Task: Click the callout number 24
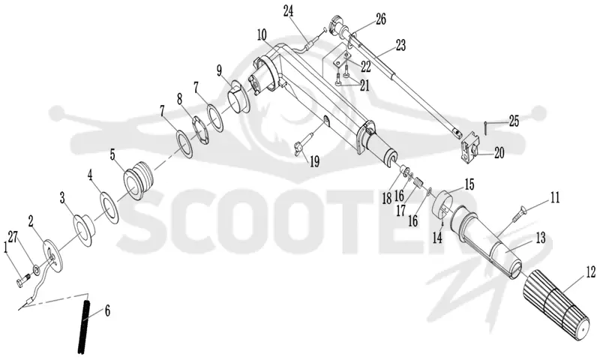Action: [x=288, y=10]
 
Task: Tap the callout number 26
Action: [x=381, y=19]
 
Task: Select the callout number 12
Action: [x=590, y=272]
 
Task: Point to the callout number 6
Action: [x=107, y=311]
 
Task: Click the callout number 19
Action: [x=314, y=162]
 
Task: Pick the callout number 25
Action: [x=514, y=121]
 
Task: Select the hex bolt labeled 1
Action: [x=23, y=280]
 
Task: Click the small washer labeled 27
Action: [x=35, y=271]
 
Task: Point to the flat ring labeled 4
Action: [x=109, y=208]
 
